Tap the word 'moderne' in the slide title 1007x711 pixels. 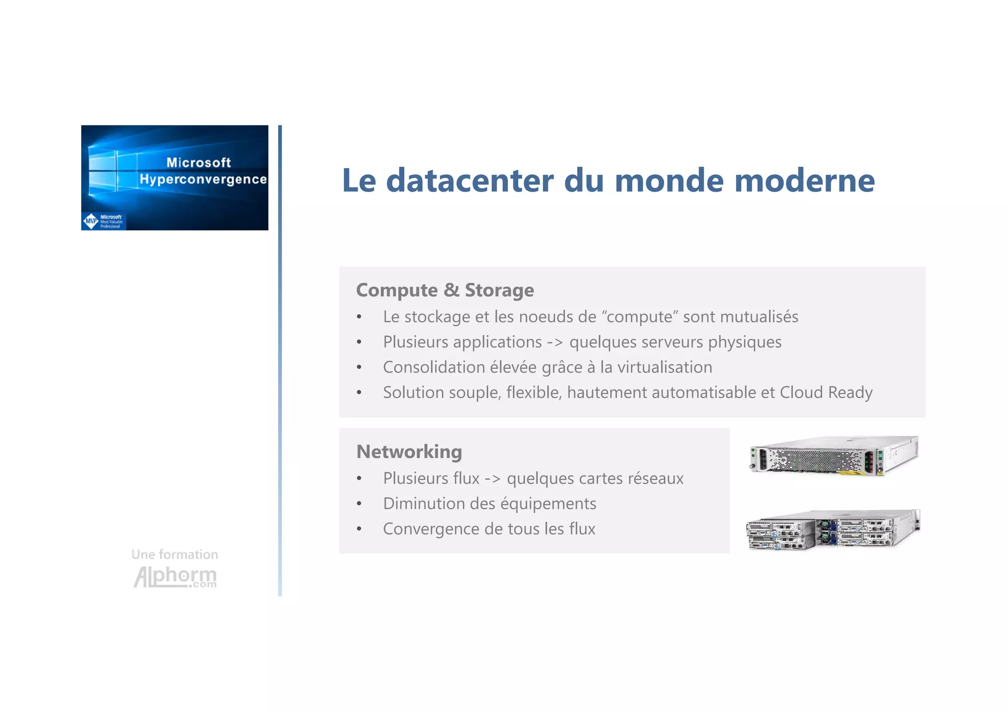tap(804, 181)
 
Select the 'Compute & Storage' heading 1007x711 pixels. tap(444, 290)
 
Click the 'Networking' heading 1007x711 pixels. tap(409, 452)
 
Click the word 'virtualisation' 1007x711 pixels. tap(664, 368)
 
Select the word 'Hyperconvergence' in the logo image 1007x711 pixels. tap(203, 179)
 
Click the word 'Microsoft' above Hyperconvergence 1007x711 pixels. tap(199, 163)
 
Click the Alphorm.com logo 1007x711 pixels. tap(175, 577)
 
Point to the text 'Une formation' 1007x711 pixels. tap(175, 555)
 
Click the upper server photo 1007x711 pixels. tap(834, 455)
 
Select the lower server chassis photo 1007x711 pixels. tap(832, 529)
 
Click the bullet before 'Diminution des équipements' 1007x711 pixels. tap(359, 504)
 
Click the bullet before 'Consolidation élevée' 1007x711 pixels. tap(359, 368)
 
